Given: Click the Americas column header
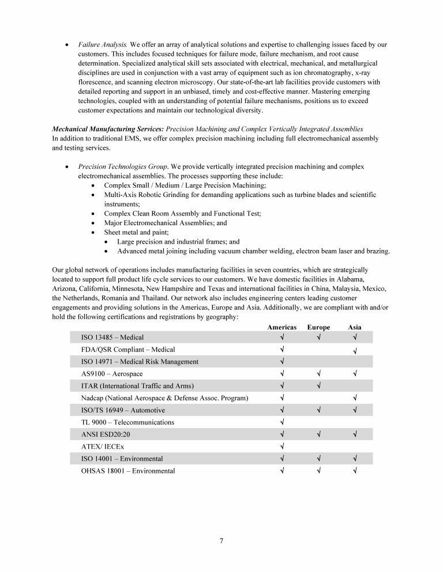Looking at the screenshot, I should click(x=281, y=327).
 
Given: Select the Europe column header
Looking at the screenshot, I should click(x=318, y=327).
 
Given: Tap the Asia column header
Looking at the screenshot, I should click(x=355, y=327).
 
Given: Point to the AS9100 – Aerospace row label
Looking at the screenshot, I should click(x=112, y=374).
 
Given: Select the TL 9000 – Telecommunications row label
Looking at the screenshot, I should click(x=127, y=422).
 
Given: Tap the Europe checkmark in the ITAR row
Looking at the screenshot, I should click(x=318, y=386).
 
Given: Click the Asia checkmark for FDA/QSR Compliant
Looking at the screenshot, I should click(x=355, y=350).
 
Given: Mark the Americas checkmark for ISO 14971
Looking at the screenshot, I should click(x=282, y=362).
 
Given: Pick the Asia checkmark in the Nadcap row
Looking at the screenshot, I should click(x=355, y=398).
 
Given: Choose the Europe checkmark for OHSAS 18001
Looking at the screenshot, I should click(x=318, y=471).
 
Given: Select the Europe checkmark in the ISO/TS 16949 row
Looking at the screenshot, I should click(x=318, y=410).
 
